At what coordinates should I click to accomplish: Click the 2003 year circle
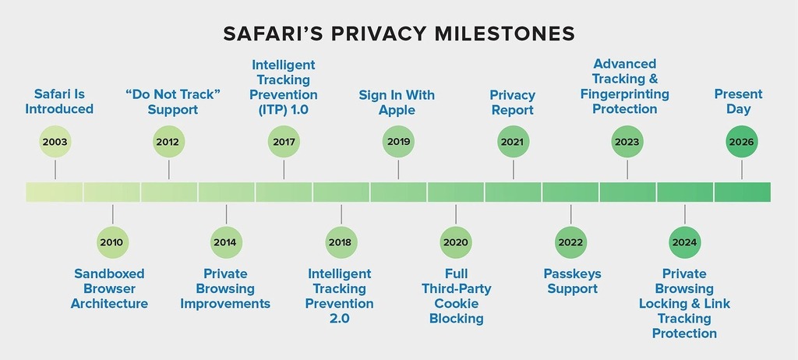pyautogui.click(x=55, y=142)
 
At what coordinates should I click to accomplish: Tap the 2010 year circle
pyautogui.click(x=112, y=242)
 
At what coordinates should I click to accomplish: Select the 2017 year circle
pyautogui.click(x=284, y=142)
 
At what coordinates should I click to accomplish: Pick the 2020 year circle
pyautogui.click(x=455, y=242)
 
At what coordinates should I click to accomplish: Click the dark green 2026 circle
pyautogui.click(x=742, y=142)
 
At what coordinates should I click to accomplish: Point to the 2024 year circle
pyautogui.click(x=684, y=242)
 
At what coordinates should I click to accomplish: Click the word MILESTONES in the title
pyautogui.click(x=504, y=34)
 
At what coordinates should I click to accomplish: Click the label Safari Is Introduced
pyautogui.click(x=59, y=101)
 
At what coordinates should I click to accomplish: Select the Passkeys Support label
pyautogui.click(x=573, y=281)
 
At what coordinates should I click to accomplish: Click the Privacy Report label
pyautogui.click(x=513, y=102)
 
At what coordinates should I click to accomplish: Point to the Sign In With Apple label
pyautogui.click(x=397, y=102)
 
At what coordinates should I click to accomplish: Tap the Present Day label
pyautogui.click(x=739, y=101)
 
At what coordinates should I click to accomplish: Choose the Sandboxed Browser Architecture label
pyautogui.click(x=109, y=289)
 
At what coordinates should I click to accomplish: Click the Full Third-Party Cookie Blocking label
pyautogui.click(x=457, y=296)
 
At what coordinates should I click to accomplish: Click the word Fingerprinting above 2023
pyautogui.click(x=625, y=94)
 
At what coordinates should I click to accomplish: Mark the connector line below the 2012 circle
pyautogui.click(x=169, y=169)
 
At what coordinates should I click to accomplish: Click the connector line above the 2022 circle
pyautogui.click(x=570, y=214)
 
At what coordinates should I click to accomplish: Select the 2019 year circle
pyautogui.click(x=398, y=142)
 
